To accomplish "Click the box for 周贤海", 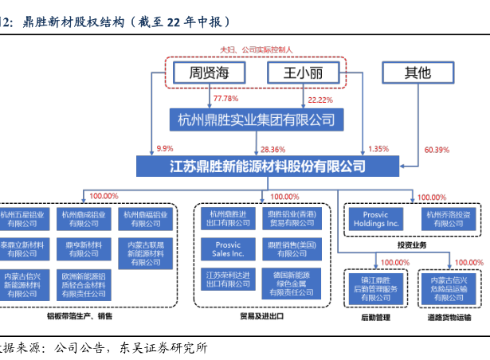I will (209, 73).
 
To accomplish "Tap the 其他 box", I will (417, 73).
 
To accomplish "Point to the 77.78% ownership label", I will (225, 99).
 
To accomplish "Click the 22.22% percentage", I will (319, 99).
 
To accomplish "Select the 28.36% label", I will (272, 149).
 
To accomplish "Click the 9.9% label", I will (165, 149).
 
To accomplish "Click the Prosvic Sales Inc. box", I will (228, 248).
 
